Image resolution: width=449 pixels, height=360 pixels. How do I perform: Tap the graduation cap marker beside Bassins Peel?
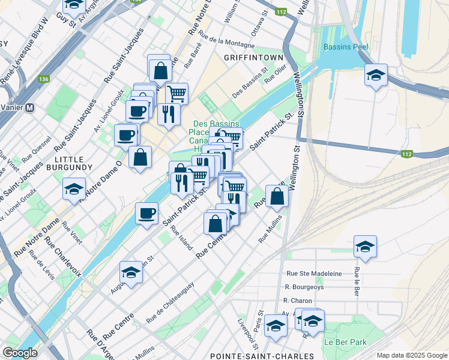pos(376,75)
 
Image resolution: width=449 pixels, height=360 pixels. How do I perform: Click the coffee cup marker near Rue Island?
pos(147,213)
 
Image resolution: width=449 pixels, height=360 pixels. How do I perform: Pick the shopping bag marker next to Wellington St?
pos(277,196)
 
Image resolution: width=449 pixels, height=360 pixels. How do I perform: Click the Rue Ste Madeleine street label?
pos(314,274)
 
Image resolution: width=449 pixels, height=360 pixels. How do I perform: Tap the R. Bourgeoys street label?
pos(304,287)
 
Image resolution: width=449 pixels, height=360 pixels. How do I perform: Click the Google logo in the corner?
pos(20,352)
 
